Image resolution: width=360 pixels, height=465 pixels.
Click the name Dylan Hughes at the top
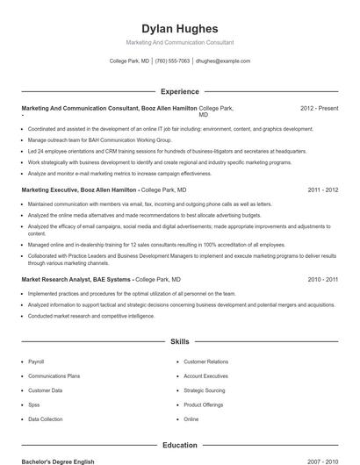point(179,29)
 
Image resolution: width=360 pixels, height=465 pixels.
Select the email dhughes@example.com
point(223,61)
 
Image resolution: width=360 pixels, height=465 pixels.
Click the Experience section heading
point(179,91)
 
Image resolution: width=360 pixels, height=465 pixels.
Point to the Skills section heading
point(179,342)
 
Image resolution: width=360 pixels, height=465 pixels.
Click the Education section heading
point(179,445)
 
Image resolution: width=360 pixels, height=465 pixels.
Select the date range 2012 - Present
point(319,108)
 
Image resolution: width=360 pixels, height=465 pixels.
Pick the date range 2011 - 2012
point(320,190)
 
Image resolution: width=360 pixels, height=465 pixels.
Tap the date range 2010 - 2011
point(320,279)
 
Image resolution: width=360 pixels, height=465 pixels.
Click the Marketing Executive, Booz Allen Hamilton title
point(79,190)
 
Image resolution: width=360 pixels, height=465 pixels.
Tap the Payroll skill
point(36,361)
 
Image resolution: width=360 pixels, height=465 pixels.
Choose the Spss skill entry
point(34,404)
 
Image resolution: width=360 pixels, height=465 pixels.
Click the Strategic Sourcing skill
point(204,390)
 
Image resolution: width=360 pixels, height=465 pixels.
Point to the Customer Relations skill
point(205,361)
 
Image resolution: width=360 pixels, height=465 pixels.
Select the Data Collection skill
point(45,419)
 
